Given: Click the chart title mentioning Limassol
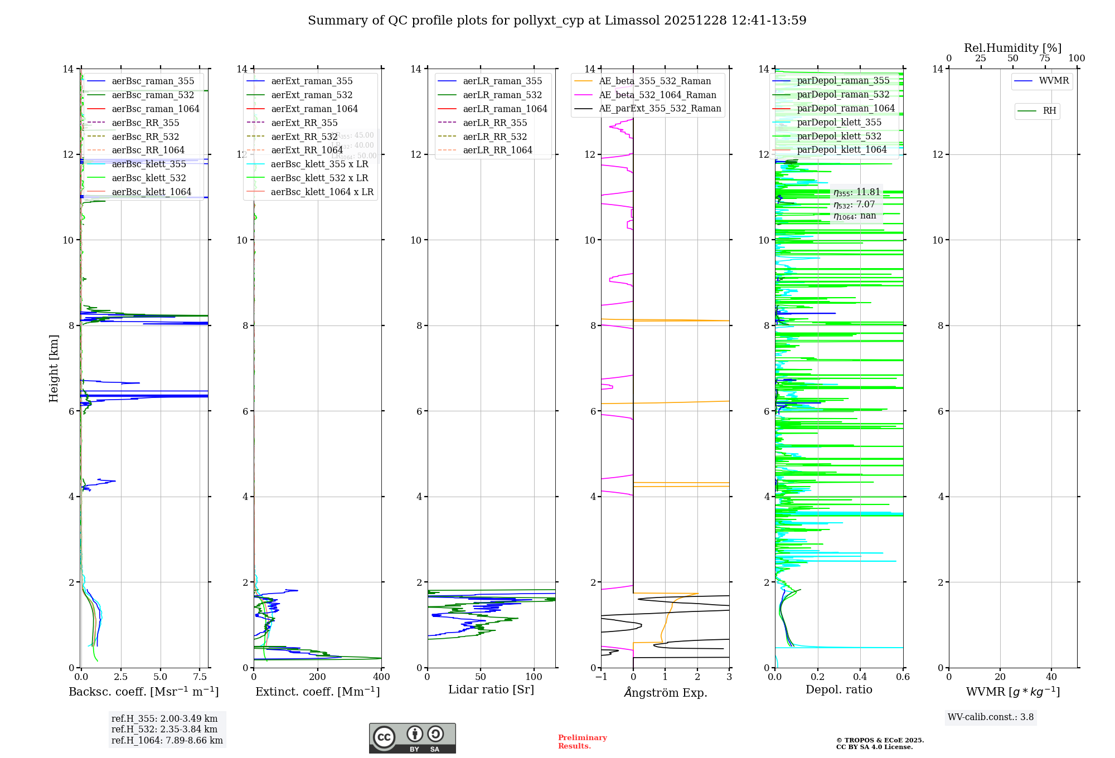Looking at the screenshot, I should (x=557, y=21).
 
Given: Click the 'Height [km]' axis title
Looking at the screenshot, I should (x=54, y=368).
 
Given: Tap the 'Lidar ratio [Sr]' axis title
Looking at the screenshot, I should (x=491, y=690).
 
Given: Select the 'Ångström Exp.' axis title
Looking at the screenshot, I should (x=665, y=692).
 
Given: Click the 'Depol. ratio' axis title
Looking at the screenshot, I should (x=838, y=690).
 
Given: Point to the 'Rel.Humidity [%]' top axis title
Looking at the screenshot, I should (x=1012, y=48).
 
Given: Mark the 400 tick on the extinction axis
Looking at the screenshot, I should (x=381, y=677).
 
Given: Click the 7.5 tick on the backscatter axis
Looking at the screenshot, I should (x=200, y=677).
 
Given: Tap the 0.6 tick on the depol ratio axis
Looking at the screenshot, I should (x=903, y=677).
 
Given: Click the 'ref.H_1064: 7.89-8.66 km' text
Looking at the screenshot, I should (x=167, y=741).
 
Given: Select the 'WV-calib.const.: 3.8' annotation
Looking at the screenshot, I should (x=991, y=717).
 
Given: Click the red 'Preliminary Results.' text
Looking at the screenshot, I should (x=582, y=742).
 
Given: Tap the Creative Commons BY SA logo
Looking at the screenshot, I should (x=412, y=738).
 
